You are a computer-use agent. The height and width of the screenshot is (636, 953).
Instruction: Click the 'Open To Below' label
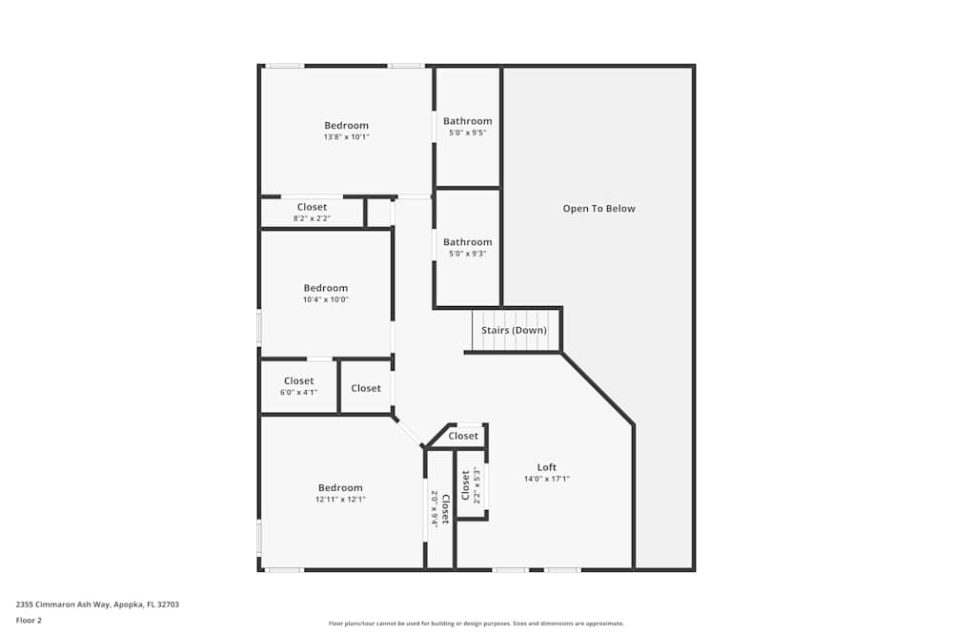(598, 209)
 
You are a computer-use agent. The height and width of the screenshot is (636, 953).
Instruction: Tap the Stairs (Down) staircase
(516, 330)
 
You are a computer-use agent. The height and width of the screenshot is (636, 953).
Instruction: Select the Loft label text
(546, 467)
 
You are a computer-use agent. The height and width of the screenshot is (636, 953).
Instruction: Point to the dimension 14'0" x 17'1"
(546, 479)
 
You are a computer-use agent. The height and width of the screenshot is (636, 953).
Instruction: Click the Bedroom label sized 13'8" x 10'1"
(346, 125)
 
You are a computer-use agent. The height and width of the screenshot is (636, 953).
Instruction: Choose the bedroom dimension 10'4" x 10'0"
(326, 299)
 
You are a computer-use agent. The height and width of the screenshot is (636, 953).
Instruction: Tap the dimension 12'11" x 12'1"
(340, 500)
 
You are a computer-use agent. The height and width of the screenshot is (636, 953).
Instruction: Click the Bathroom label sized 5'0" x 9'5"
(467, 121)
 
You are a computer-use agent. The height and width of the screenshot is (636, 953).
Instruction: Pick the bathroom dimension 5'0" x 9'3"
(467, 254)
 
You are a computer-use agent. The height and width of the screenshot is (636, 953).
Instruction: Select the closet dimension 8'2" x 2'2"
(312, 218)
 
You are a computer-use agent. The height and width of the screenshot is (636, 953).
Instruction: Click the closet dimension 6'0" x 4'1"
(298, 392)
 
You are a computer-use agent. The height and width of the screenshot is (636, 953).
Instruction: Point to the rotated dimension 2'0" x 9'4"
(435, 509)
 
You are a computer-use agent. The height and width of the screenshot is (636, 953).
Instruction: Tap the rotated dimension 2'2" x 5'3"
(477, 485)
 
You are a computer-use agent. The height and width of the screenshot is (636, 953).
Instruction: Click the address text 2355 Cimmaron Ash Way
(63, 605)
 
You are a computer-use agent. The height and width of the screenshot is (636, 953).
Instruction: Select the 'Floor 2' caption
(29, 620)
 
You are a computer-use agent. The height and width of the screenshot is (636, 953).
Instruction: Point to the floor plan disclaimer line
(476, 624)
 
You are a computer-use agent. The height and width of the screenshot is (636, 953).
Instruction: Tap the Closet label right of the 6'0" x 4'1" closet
(366, 388)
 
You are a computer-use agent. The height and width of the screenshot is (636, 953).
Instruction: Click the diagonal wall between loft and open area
(598, 388)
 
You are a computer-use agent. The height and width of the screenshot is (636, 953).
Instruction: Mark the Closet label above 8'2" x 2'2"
(312, 207)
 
